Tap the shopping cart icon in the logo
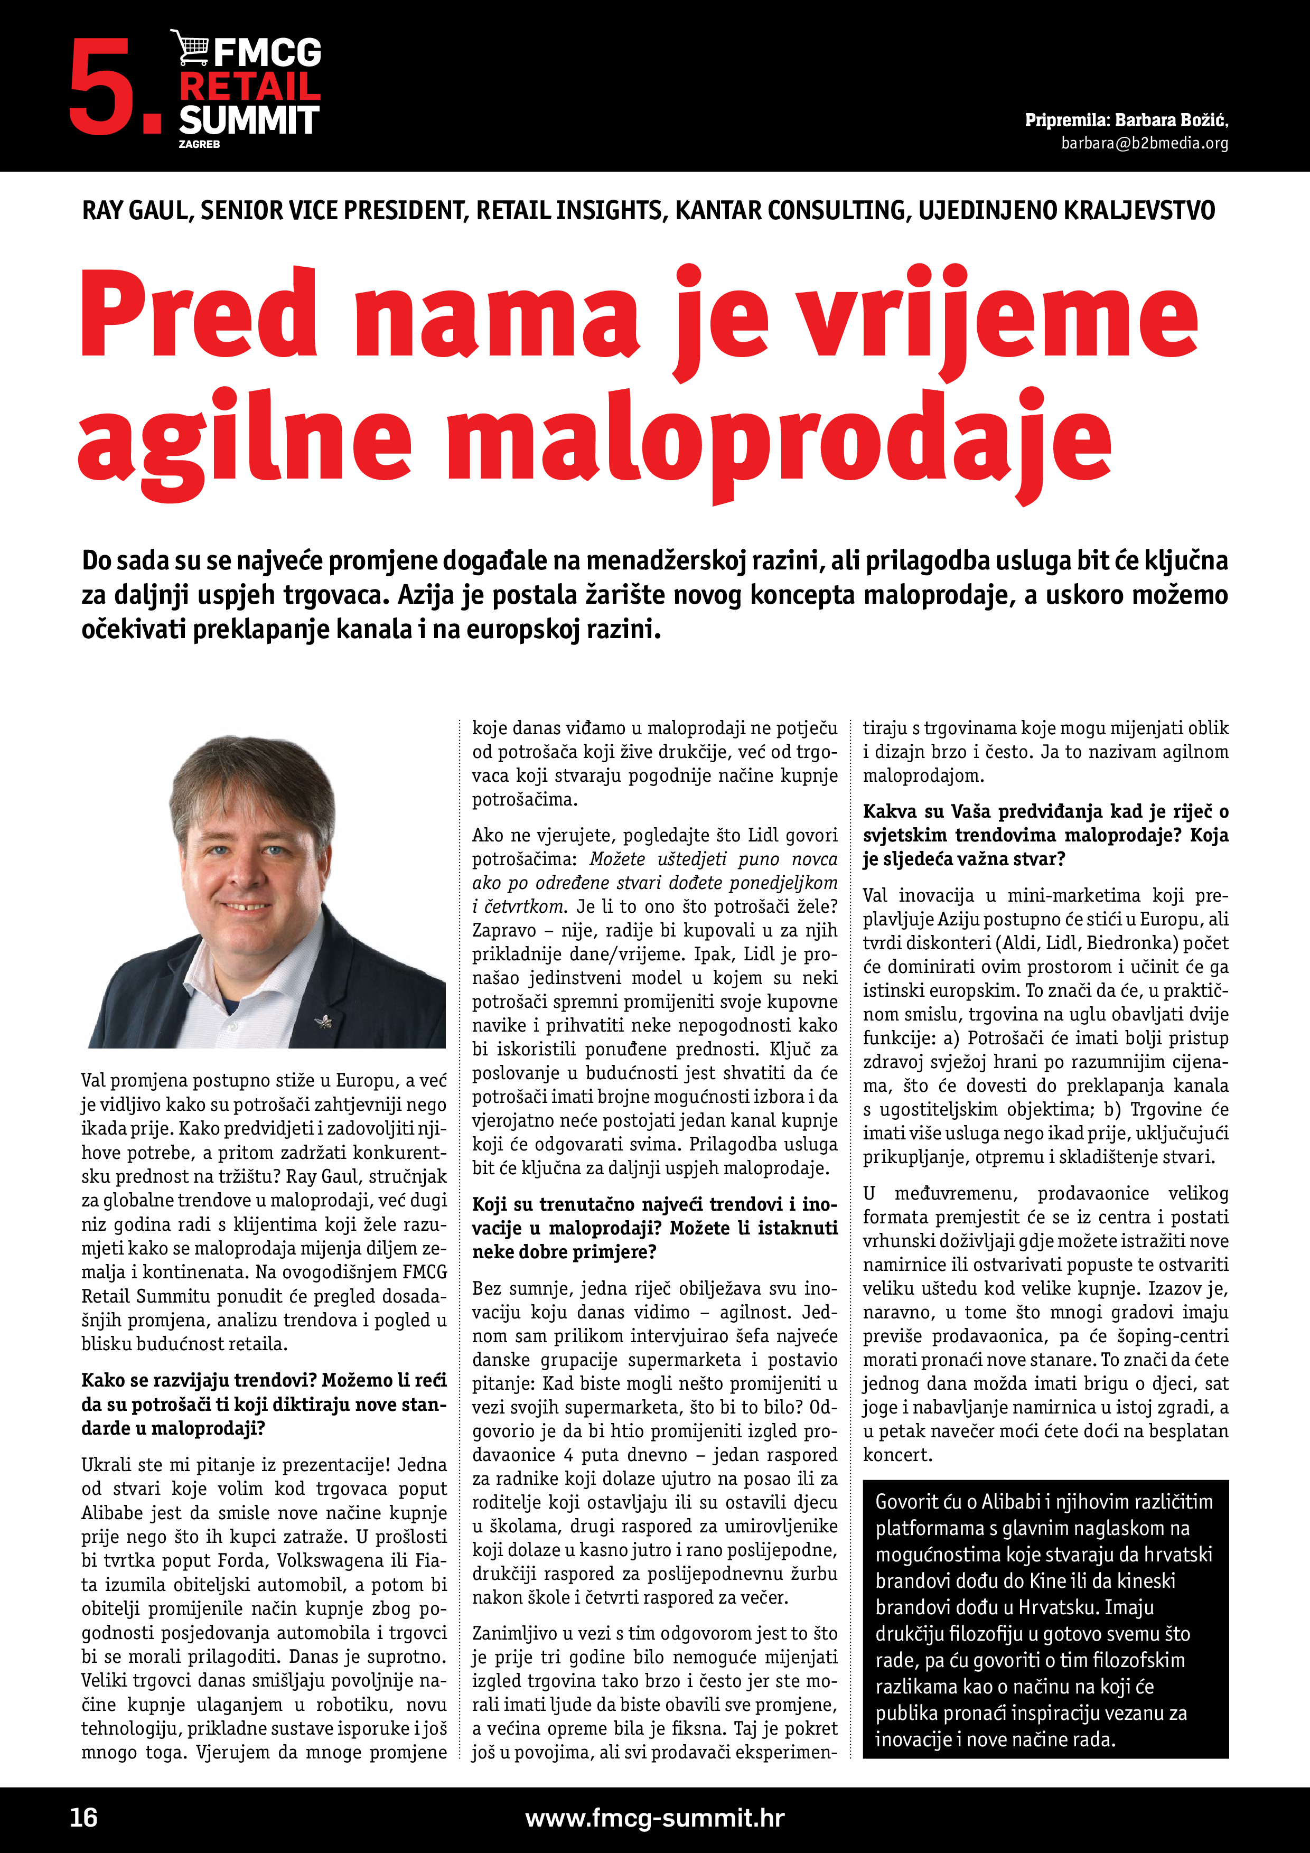[x=191, y=48]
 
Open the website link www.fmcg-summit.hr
[x=654, y=1818]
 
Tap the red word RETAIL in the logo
[x=249, y=86]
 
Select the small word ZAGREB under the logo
[x=199, y=144]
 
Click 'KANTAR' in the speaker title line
[x=717, y=211]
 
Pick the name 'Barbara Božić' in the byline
[x=1171, y=120]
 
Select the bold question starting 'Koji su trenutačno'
[x=654, y=1228]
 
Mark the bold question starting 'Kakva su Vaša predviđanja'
[x=1045, y=835]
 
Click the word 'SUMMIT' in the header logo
[x=249, y=120]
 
